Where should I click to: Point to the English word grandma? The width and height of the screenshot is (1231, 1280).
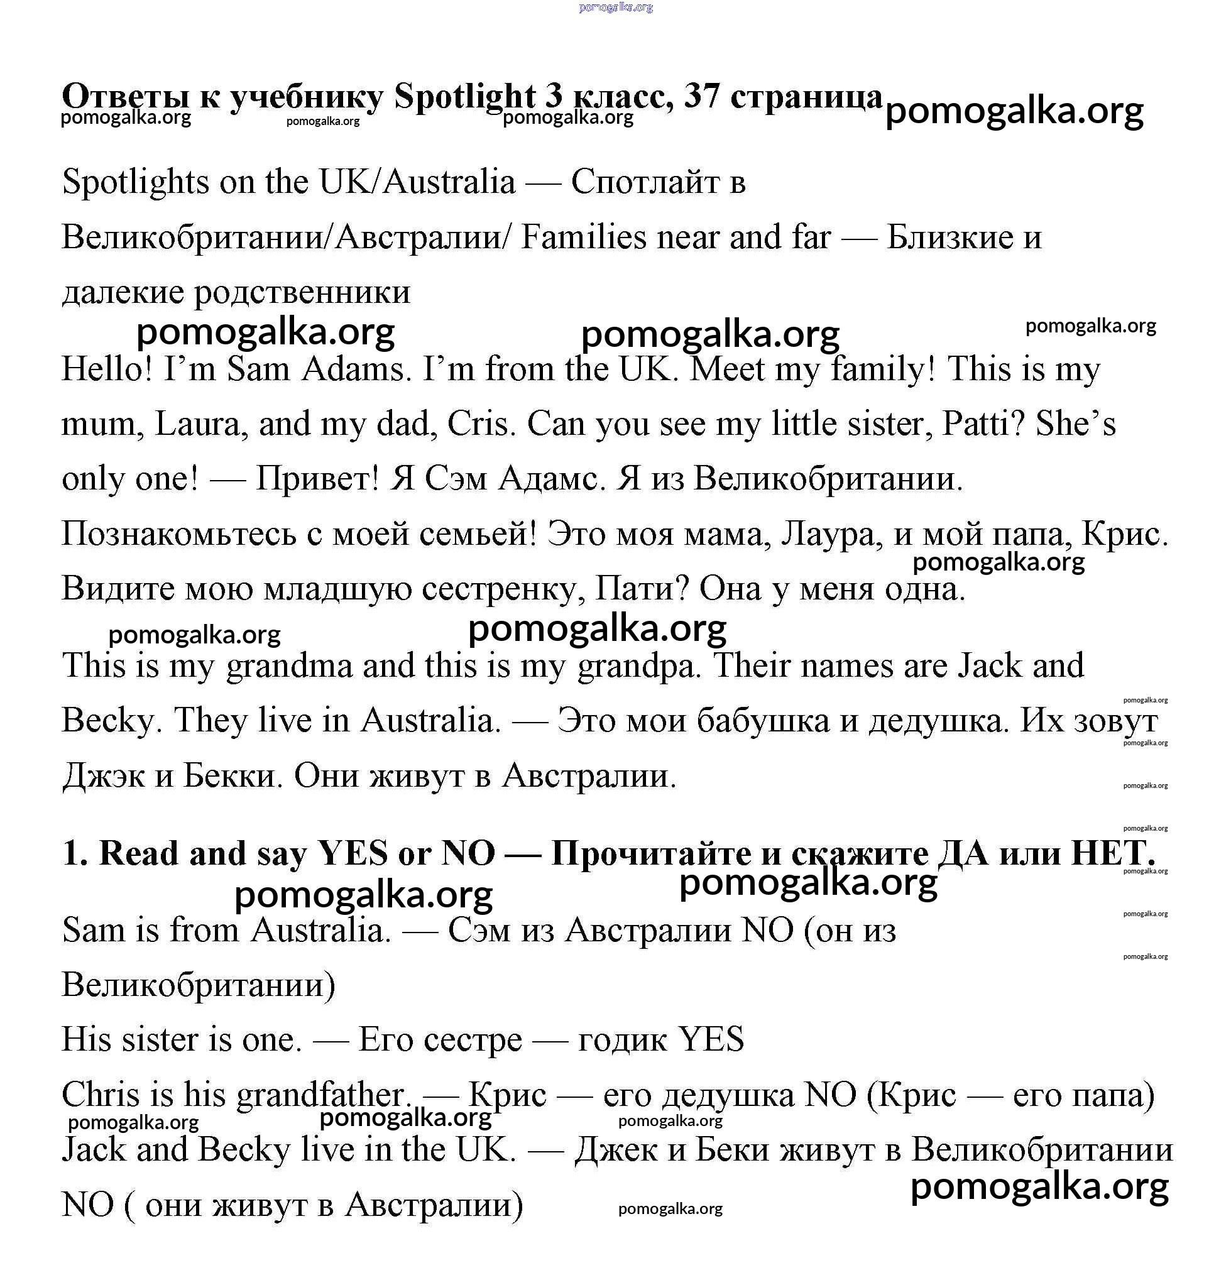pyautogui.click(x=289, y=666)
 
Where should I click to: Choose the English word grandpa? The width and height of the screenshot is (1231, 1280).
pyautogui.click(x=638, y=666)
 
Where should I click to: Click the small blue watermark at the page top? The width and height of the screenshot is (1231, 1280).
pyautogui.click(x=616, y=7)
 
